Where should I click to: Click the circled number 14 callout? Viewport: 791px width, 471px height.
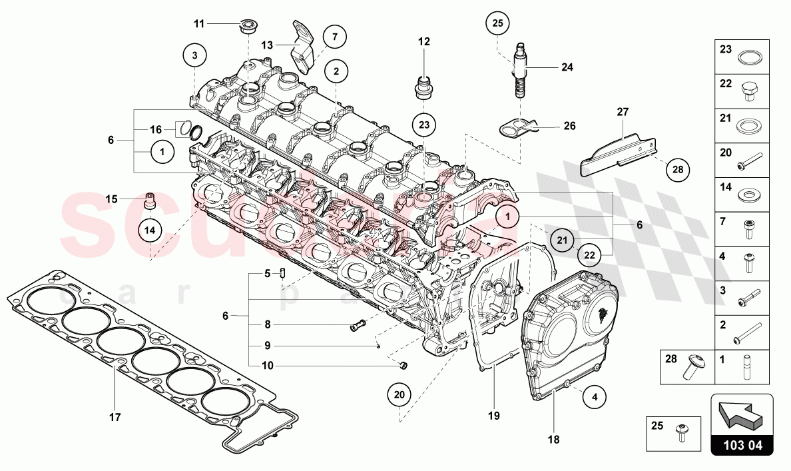pos(150,229)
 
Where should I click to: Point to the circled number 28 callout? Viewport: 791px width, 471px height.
pos(677,170)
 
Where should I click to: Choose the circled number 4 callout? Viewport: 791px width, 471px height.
pos(595,397)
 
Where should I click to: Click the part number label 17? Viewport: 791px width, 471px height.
pos(115,418)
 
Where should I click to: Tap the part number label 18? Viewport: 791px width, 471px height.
pos(553,440)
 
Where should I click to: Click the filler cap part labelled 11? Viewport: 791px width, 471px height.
pos(249,27)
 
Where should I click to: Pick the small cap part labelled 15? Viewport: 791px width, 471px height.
pos(152,199)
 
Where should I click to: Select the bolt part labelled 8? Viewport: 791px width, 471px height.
pos(359,326)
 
